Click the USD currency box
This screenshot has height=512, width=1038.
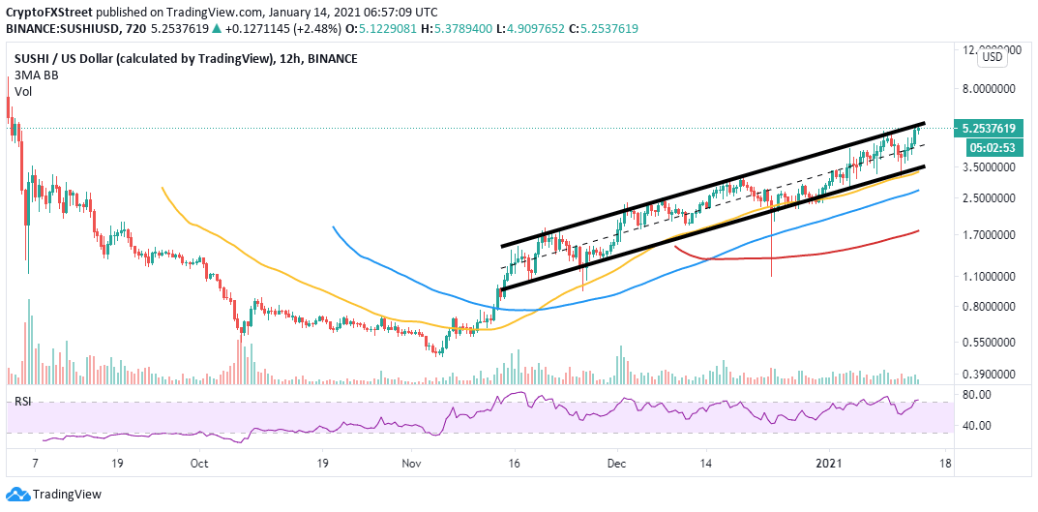tap(992, 57)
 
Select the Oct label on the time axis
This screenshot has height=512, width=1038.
tap(199, 464)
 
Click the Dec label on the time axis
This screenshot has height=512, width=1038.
tap(614, 464)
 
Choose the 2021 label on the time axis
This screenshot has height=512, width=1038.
tap(830, 464)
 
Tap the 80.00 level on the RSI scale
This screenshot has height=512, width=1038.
tap(975, 395)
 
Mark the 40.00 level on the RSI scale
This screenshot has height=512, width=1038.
tap(975, 426)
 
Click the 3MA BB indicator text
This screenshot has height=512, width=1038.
tap(32, 75)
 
